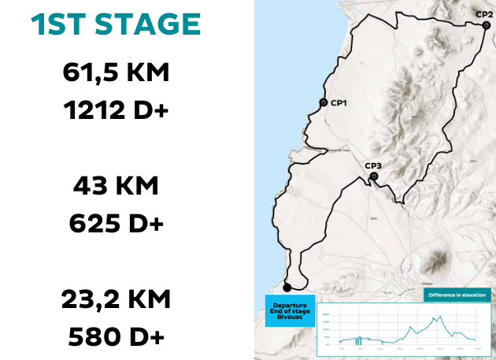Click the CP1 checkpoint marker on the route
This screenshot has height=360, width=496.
pyautogui.click(x=323, y=103)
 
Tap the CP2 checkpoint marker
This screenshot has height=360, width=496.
pyautogui.click(x=487, y=25)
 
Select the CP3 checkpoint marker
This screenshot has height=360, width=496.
pyautogui.click(x=373, y=176)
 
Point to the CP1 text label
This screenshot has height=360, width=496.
pyautogui.click(x=339, y=103)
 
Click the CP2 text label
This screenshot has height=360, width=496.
pyautogui.click(x=484, y=13)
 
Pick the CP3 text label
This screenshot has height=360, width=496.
pyautogui.click(x=373, y=165)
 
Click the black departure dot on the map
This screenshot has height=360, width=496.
pyautogui.click(x=287, y=287)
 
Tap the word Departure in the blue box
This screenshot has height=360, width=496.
pyautogui.click(x=285, y=304)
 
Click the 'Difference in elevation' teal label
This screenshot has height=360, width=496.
pyautogui.click(x=457, y=295)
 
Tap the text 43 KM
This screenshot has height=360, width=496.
pyautogui.click(x=116, y=187)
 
